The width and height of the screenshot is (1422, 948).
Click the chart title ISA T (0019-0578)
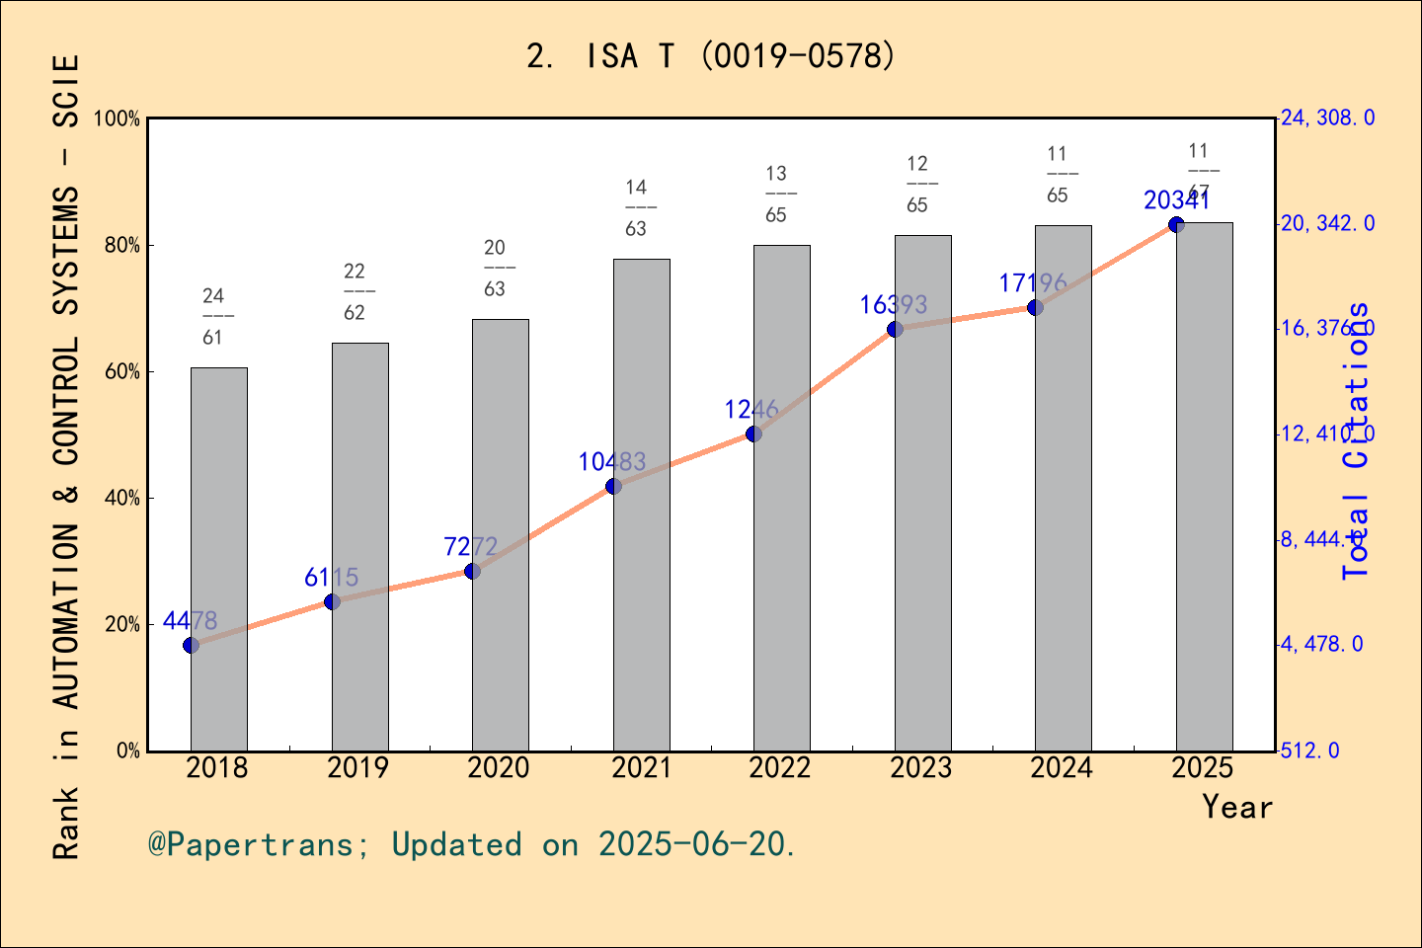(x=711, y=56)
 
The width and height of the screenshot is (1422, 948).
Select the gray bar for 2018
(x=218, y=559)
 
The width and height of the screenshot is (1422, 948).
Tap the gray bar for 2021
(x=641, y=505)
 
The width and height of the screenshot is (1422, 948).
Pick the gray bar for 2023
(x=922, y=493)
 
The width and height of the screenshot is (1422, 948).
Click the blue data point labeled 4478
(x=191, y=645)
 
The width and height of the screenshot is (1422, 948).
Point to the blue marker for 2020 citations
(x=472, y=571)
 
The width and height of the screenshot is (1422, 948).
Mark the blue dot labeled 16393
(x=895, y=329)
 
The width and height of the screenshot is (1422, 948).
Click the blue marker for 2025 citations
(x=1176, y=224)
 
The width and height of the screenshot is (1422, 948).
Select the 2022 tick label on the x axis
(x=780, y=768)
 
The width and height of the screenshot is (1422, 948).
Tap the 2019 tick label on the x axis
(x=357, y=768)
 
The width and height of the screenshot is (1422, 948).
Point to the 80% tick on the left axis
(x=122, y=245)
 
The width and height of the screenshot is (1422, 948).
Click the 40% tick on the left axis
(x=122, y=498)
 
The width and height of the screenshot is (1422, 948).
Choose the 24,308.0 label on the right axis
(x=1327, y=118)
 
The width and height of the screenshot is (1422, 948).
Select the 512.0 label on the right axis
(x=1310, y=750)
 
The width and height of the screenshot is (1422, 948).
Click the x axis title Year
(x=1236, y=807)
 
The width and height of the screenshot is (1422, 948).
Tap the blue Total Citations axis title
(x=1357, y=440)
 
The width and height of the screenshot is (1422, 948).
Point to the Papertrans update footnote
(x=471, y=844)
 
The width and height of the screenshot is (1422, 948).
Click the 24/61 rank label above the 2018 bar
(x=213, y=316)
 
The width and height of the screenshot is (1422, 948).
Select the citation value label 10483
(x=611, y=461)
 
